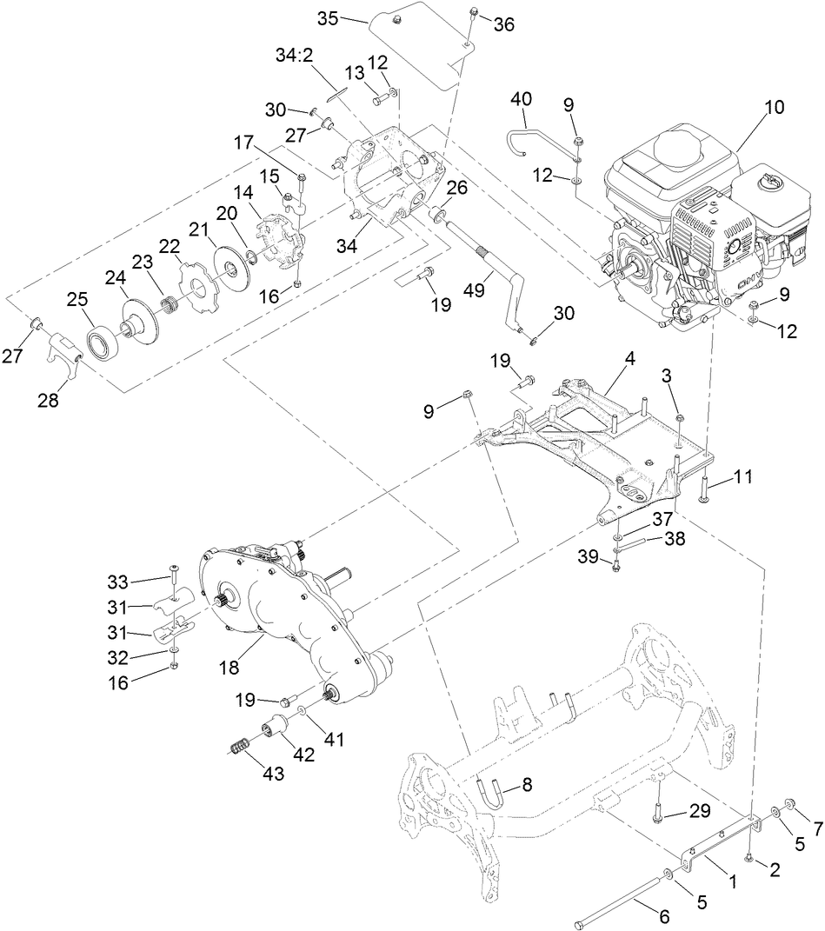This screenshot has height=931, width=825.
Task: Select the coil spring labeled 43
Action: pos(242,746)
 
